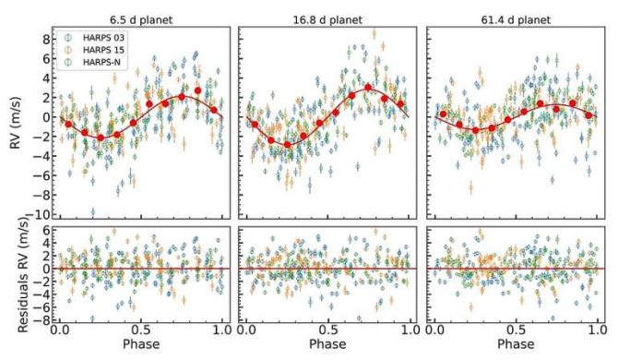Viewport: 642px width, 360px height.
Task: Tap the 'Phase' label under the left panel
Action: (x=141, y=348)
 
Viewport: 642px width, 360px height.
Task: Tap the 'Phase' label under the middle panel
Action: (x=327, y=348)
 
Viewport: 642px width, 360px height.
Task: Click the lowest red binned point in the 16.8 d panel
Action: (x=287, y=144)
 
